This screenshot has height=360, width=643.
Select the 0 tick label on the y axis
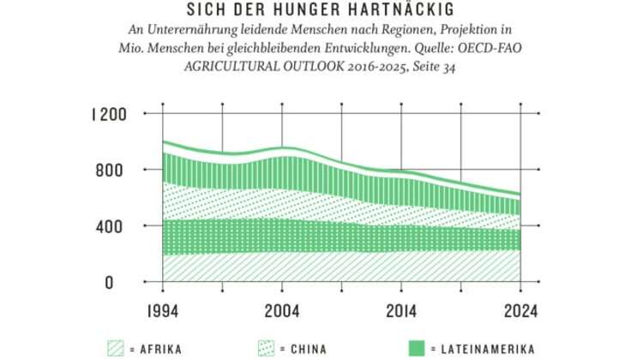[x=121, y=282]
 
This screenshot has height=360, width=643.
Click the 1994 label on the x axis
[x=164, y=310]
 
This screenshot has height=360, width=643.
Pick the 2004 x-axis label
[x=283, y=310]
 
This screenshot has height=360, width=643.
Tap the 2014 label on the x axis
[x=402, y=310]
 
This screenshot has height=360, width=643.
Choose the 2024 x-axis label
[x=520, y=310]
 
